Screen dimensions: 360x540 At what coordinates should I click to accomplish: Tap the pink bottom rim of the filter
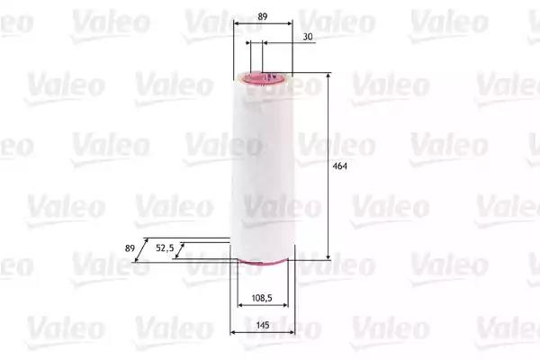(262, 263)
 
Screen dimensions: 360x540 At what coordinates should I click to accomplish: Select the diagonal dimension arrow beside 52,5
(180, 250)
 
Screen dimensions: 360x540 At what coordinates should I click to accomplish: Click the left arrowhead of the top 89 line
(235, 26)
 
